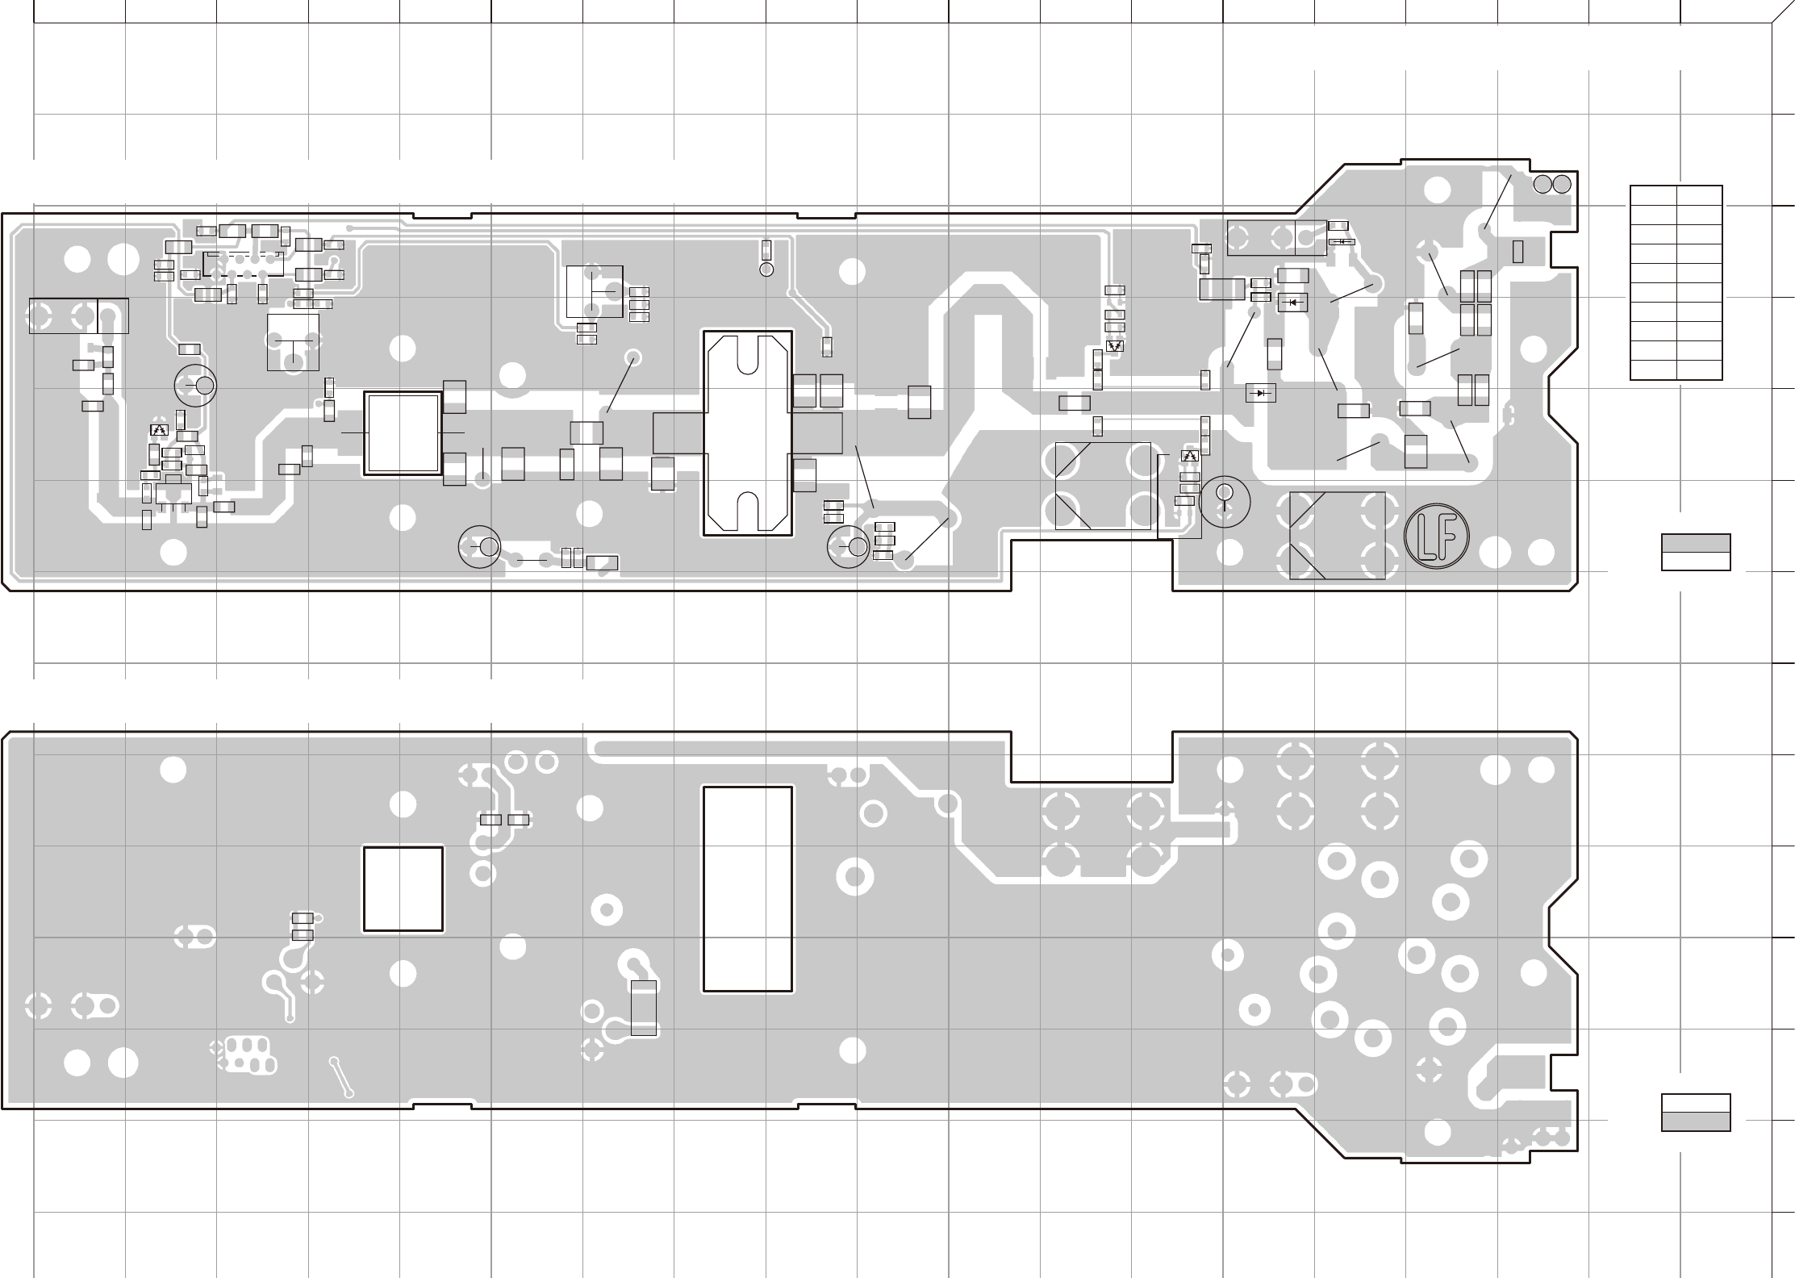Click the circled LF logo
pyautogui.click(x=1436, y=534)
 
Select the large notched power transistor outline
pyautogui.click(x=747, y=432)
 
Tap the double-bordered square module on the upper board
pyautogui.click(x=403, y=433)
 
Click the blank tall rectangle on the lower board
pyautogui.click(x=747, y=888)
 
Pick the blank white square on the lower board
pyautogui.click(x=403, y=888)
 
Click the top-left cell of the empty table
pyautogui.click(x=1653, y=195)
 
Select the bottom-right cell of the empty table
pyautogui.click(x=1699, y=370)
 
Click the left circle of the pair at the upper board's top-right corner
pyautogui.click(x=1542, y=183)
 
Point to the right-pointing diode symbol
pyautogui.click(x=1260, y=393)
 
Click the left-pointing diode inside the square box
pyautogui.click(x=1293, y=303)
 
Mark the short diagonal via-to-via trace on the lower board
pyautogui.click(x=342, y=1077)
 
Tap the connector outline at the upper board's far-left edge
pyautogui.click(x=78, y=315)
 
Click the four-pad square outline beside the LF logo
pyautogui.click(x=1338, y=535)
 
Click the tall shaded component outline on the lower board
pyautogui.click(x=643, y=1008)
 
